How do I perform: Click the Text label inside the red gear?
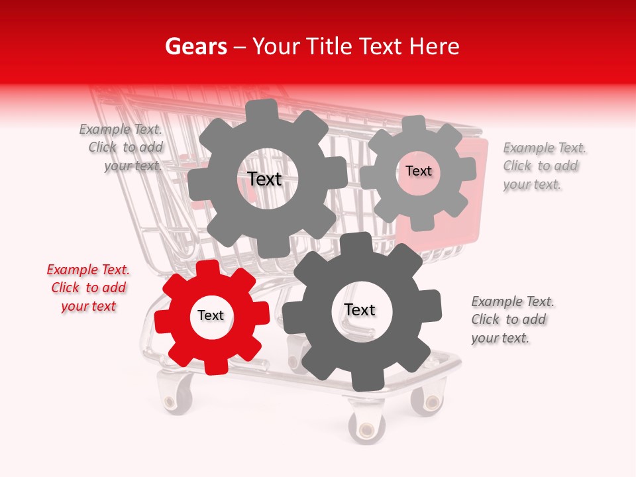pos(211,316)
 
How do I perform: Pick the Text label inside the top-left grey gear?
pos(264,179)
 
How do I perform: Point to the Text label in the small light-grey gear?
pos(418,171)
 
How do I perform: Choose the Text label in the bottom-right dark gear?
pos(360,310)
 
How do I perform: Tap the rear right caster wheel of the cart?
pos(427,401)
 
